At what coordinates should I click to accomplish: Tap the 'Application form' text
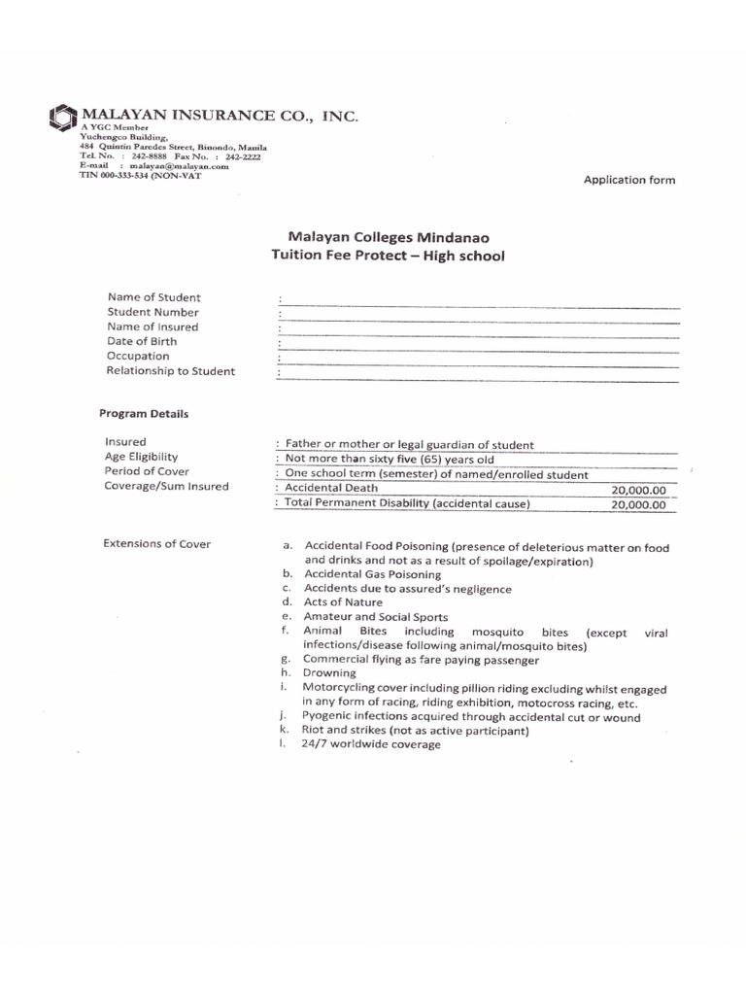[628, 180]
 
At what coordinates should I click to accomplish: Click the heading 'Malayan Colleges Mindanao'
[388, 236]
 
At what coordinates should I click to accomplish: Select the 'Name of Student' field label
[154, 297]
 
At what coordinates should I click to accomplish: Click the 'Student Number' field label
[153, 312]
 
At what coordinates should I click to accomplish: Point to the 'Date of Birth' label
[143, 341]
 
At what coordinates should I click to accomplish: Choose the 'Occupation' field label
[138, 356]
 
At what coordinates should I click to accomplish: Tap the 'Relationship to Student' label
[171, 371]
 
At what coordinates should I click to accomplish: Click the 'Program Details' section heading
[144, 413]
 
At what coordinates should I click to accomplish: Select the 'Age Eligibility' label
[142, 457]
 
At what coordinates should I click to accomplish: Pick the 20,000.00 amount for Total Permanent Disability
[638, 505]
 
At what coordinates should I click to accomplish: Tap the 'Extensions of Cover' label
[156, 543]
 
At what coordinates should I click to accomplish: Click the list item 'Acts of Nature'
[343, 602]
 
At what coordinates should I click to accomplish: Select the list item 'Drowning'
[329, 672]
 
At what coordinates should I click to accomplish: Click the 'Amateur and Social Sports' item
[376, 617]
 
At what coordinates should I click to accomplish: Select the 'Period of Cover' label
[147, 471]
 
